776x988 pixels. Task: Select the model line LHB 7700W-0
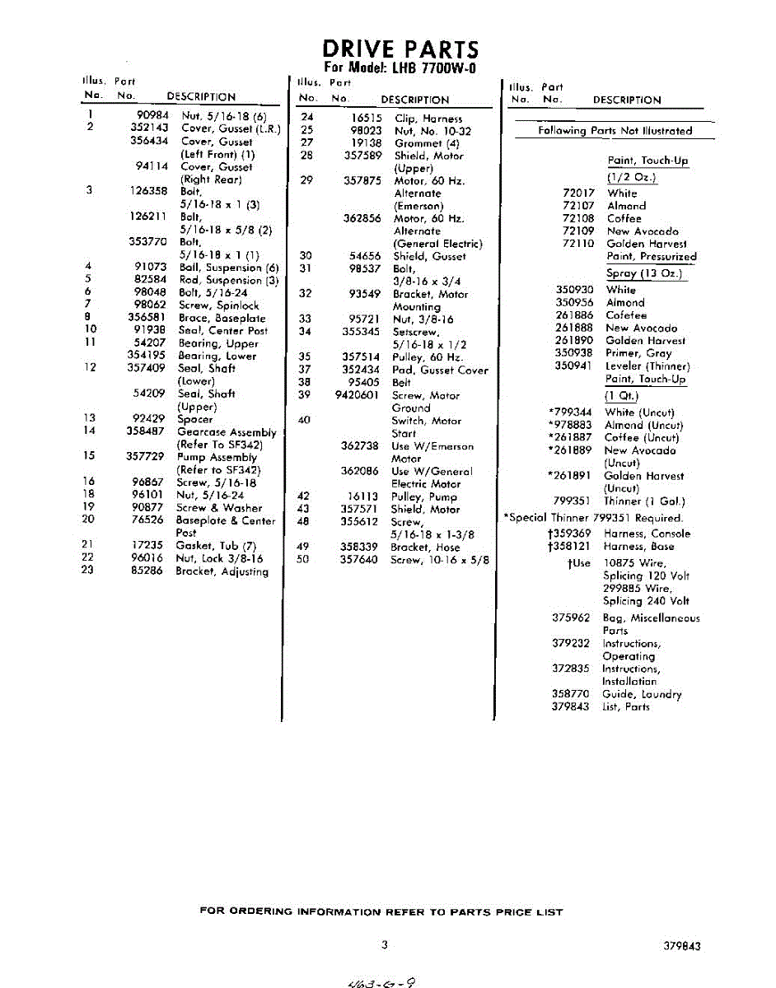400,68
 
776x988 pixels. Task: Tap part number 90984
152,116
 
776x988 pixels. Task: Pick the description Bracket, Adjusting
222,571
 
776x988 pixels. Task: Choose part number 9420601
356,395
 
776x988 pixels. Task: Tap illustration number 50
303,560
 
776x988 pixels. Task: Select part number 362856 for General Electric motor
362,218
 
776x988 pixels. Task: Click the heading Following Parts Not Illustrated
615,131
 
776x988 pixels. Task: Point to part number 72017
578,193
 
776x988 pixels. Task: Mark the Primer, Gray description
638,353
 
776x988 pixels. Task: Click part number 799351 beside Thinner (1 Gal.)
574,501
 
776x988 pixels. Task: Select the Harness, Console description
647,534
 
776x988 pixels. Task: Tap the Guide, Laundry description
642,694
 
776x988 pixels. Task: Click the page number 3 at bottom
384,945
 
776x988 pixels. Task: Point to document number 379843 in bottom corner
682,947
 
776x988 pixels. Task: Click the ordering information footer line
381,911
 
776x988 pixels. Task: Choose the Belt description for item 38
401,383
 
